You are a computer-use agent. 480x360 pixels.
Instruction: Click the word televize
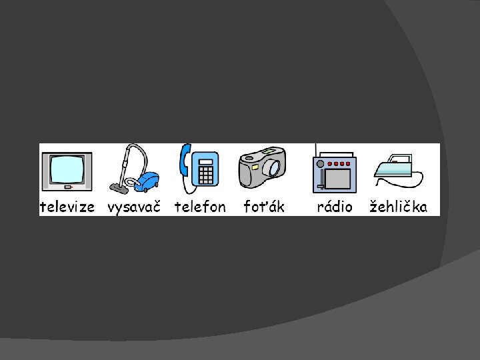67,207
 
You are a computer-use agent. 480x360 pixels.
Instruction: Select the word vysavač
134,207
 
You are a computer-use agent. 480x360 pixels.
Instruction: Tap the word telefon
200,207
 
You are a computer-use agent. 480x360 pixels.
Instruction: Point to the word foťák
264,207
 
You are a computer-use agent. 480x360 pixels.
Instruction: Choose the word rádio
335,207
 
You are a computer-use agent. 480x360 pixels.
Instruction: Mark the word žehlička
399,207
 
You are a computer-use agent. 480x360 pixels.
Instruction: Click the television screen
67,169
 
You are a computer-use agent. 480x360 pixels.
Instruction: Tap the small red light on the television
83,187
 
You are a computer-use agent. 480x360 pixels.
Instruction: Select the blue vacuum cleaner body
149,181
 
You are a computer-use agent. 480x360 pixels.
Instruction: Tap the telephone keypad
206,175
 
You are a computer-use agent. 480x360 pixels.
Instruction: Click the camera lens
272,168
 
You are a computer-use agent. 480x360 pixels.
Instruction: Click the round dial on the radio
321,163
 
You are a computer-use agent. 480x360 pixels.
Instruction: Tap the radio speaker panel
339,178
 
